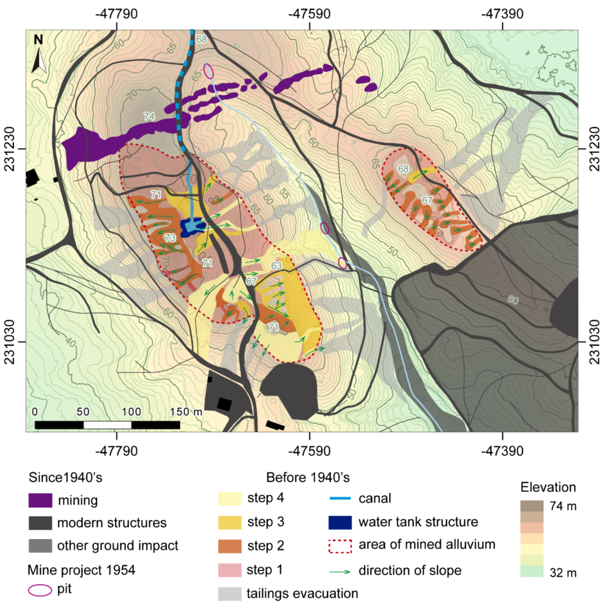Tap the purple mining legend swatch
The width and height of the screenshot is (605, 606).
coord(40,500)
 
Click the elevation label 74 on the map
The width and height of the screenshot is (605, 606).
coord(149,116)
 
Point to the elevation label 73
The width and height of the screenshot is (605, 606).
coord(170,238)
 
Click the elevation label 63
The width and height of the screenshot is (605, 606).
coord(276,266)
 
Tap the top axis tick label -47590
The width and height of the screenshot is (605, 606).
coord(309,14)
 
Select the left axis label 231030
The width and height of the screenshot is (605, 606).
coord(10,342)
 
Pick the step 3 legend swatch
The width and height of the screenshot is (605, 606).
coord(230,522)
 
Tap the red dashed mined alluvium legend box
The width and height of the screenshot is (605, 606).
coord(340,546)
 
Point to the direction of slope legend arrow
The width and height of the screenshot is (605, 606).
coord(340,572)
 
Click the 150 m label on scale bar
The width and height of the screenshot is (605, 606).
coord(186,411)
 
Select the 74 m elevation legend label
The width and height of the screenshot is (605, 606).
coord(563,506)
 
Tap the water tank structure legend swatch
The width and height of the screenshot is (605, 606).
coord(340,522)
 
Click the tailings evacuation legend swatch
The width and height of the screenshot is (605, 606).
coord(230,593)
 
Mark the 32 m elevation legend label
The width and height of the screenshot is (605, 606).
coord(563,573)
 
